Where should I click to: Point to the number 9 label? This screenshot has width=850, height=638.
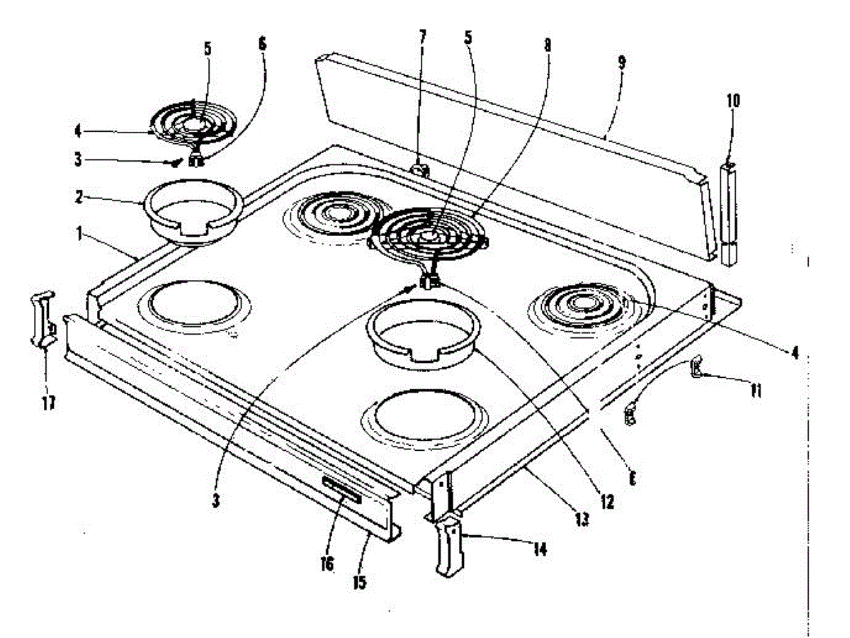(x=621, y=62)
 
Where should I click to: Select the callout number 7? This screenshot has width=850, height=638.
(x=423, y=37)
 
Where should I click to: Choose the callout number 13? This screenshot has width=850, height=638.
(x=581, y=520)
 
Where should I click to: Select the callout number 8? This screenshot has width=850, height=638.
(x=546, y=44)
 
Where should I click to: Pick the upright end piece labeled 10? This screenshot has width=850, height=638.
(x=729, y=213)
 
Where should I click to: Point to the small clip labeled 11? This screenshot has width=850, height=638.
(x=696, y=366)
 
